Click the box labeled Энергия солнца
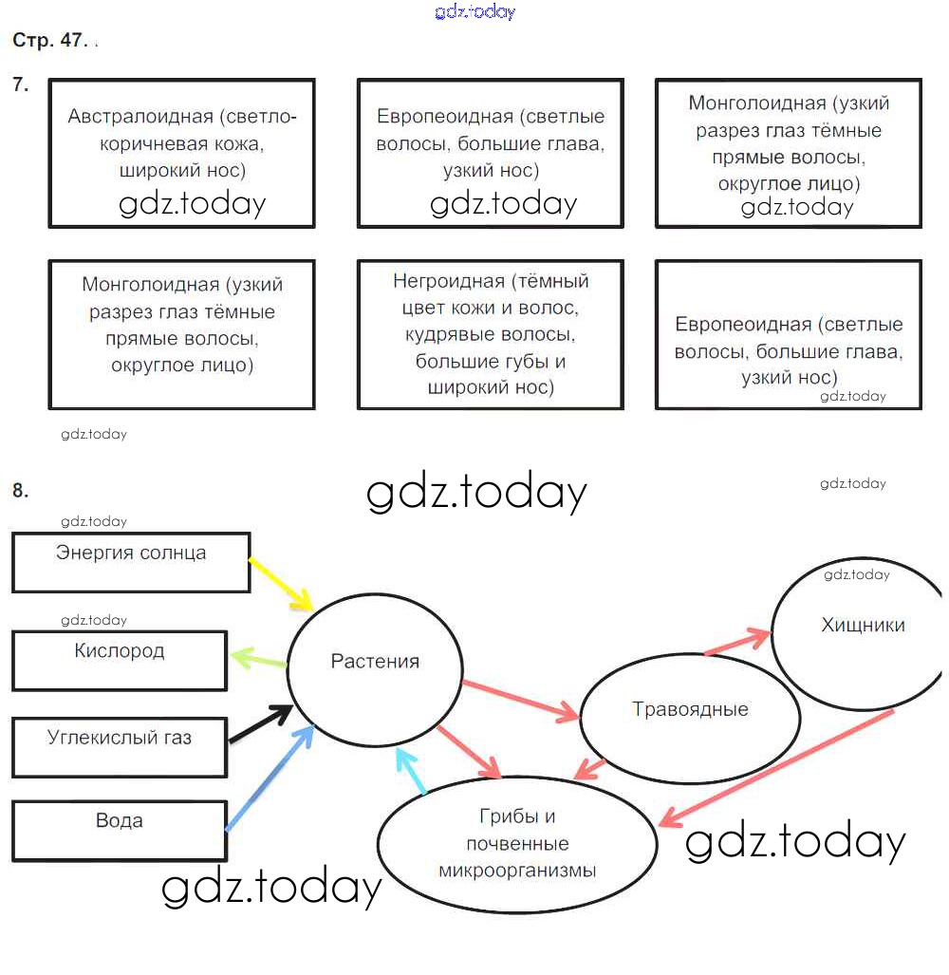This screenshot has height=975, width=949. (x=131, y=562)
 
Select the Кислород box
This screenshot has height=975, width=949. (x=120, y=661)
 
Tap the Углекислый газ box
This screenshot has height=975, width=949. (x=120, y=746)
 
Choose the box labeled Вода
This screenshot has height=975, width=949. (x=120, y=831)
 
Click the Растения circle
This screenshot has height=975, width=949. (x=375, y=662)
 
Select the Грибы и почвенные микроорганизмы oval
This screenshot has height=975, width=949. (x=517, y=844)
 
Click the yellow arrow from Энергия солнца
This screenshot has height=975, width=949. (x=281, y=584)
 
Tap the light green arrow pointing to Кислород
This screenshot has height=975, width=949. (x=258, y=657)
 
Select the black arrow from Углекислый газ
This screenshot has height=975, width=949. (x=259, y=723)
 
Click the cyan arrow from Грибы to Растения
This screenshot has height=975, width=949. (x=412, y=770)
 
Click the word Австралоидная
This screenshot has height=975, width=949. (x=140, y=117)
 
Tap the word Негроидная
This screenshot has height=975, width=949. (x=449, y=282)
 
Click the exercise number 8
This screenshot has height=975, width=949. (x=21, y=491)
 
